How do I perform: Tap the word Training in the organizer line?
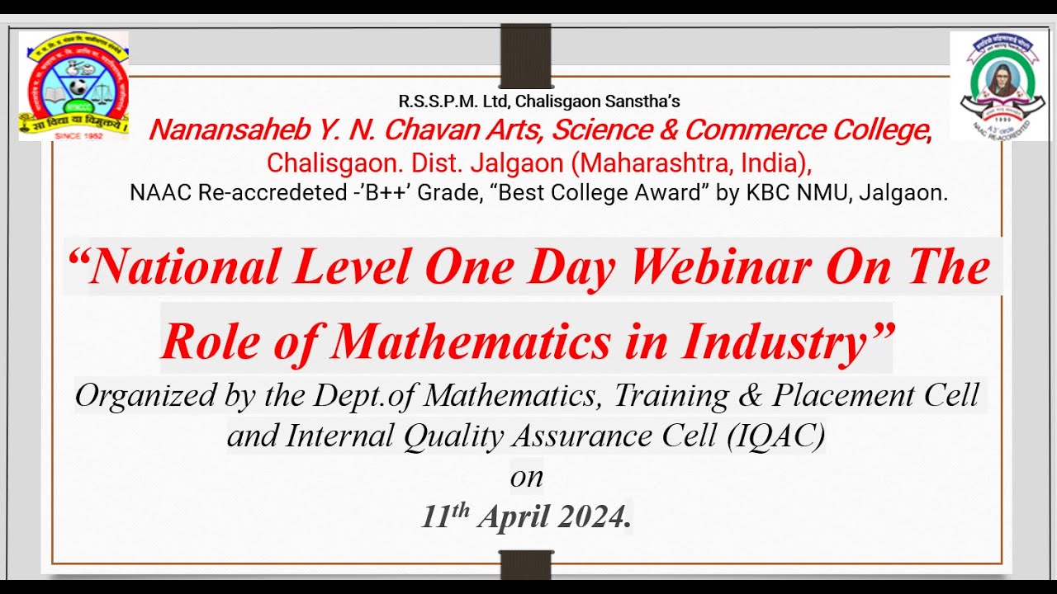(671, 396)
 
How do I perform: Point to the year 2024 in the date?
(594, 517)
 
